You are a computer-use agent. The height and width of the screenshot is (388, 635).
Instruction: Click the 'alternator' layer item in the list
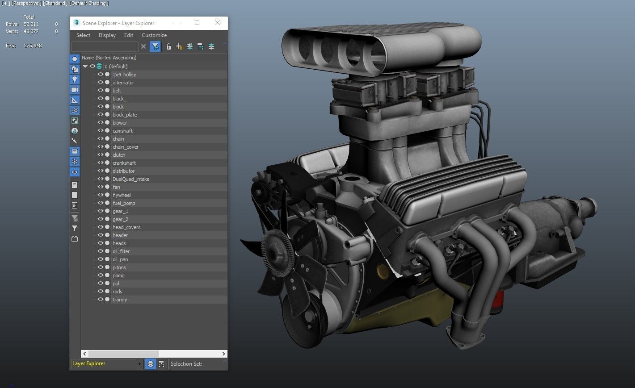[123, 83]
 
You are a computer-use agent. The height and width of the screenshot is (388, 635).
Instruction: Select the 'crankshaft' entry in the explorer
[124, 163]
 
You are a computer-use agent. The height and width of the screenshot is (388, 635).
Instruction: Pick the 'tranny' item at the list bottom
[120, 300]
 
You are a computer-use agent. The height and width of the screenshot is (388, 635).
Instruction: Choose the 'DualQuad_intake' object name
[131, 179]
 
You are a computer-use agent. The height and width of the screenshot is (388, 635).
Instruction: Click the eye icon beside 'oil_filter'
[100, 251]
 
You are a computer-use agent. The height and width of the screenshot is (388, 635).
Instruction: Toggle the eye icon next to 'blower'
[100, 123]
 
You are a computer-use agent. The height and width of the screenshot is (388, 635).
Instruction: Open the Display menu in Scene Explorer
[107, 35]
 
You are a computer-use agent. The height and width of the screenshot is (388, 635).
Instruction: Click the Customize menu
[154, 35]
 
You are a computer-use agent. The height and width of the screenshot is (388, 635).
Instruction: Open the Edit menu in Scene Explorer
[129, 35]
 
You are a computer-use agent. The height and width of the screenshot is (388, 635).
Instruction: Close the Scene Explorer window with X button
[218, 23]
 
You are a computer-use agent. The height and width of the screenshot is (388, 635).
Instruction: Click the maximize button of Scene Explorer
[197, 23]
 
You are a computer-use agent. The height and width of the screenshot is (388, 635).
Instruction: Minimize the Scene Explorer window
[177, 23]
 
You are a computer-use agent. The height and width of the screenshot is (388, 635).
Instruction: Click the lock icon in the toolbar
[168, 46]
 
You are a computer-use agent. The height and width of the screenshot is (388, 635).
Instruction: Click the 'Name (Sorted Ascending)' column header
[109, 58]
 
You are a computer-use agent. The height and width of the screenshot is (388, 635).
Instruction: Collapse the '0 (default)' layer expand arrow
[85, 67]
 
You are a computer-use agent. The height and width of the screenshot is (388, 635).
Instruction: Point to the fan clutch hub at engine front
[274, 250]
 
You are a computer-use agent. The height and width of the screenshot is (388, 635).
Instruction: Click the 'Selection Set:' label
[186, 364]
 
